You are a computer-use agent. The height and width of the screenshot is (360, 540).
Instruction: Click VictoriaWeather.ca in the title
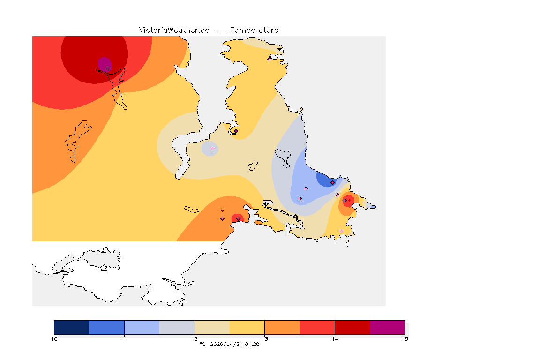click(x=174, y=30)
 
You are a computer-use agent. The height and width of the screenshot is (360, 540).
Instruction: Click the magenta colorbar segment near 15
click(x=387, y=327)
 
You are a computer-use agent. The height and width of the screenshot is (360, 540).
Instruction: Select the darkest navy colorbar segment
click(x=72, y=327)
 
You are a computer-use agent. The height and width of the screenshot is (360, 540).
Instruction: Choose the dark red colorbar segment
click(x=352, y=327)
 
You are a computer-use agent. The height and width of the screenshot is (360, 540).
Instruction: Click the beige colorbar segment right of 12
click(x=212, y=327)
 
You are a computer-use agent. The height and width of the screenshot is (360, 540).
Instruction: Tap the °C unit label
click(x=203, y=345)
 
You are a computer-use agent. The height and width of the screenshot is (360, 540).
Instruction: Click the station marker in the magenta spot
click(x=108, y=68)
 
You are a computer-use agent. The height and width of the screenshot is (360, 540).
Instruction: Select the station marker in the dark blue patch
click(x=332, y=182)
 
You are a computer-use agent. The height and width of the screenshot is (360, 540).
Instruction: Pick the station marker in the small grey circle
click(x=212, y=148)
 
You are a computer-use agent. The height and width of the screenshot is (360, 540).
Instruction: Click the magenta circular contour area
click(x=104, y=62)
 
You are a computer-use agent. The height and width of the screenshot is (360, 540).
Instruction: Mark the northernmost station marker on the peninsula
click(x=269, y=59)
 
